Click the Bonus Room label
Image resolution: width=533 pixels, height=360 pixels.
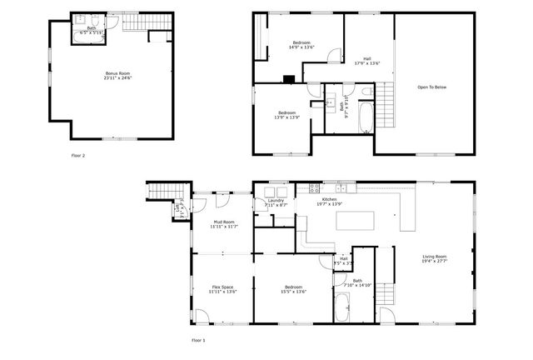click(117, 74)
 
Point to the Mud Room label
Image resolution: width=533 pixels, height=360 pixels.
click(222, 222)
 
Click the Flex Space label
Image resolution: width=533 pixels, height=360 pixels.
click(222, 287)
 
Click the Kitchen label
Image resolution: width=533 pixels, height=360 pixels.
click(329, 200)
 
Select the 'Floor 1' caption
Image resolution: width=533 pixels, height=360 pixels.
click(198, 340)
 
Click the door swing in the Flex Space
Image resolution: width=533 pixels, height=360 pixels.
click(202, 316)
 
